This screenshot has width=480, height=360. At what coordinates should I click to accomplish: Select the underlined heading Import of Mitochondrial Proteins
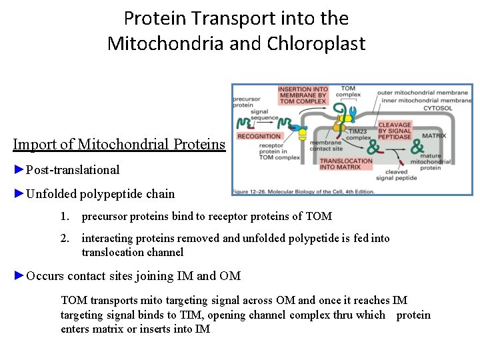pyautogui.click(x=119, y=144)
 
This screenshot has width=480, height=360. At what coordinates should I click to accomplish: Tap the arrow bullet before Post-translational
pyautogui.click(x=19, y=169)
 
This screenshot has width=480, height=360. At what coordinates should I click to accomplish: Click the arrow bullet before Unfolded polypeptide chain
pyautogui.click(x=19, y=194)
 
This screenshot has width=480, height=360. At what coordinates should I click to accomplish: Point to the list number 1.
pyautogui.click(x=64, y=216)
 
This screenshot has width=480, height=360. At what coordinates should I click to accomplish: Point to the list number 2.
pyautogui.click(x=64, y=238)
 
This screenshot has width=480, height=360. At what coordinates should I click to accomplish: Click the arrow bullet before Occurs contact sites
pyautogui.click(x=19, y=275)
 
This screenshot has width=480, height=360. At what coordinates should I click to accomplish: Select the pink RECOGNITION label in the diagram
pyautogui.click(x=259, y=136)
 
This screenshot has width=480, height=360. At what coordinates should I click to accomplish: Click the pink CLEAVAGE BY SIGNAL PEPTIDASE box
pyautogui.click(x=395, y=129)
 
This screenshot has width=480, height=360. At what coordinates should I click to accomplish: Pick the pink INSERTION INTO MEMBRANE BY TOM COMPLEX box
pyautogui.click(x=303, y=95)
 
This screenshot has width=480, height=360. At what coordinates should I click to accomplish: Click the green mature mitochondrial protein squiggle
pyautogui.click(x=419, y=146)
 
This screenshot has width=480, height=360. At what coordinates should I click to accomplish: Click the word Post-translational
pyautogui.click(x=73, y=169)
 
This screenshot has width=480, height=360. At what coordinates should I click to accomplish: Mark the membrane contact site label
pyautogui.click(x=325, y=145)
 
